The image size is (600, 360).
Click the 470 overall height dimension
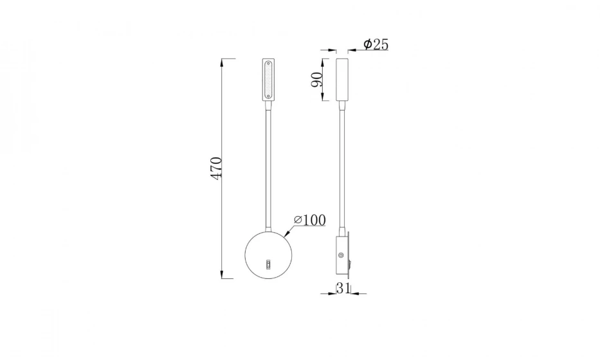click(x=216, y=168)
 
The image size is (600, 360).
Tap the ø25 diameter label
click(x=376, y=44)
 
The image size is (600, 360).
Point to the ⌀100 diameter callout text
click(x=309, y=220)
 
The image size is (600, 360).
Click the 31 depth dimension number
click(x=342, y=288)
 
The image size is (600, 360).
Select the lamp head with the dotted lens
click(x=269, y=80)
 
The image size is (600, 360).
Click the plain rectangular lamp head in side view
click(x=342, y=80)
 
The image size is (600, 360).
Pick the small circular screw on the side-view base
click(x=340, y=255)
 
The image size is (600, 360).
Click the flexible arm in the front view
click(x=269, y=161)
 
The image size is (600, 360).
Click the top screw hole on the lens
click(x=269, y=64)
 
